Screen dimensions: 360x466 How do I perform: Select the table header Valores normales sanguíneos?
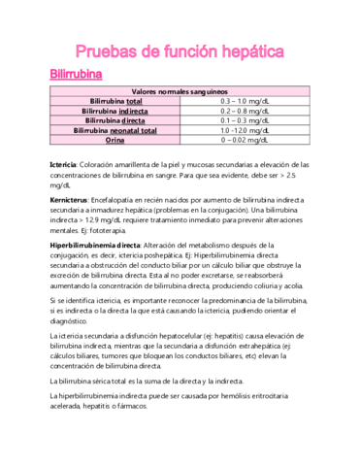[180, 90]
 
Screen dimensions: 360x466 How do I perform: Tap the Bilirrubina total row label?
[115, 101]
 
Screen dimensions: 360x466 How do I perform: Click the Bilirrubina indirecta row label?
[115, 111]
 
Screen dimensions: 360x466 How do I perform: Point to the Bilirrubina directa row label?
[115, 120]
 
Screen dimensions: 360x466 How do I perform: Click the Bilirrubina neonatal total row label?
[115, 130]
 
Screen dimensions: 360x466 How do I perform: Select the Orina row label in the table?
[115, 140]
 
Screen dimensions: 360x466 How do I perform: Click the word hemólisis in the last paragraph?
[223, 397]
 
